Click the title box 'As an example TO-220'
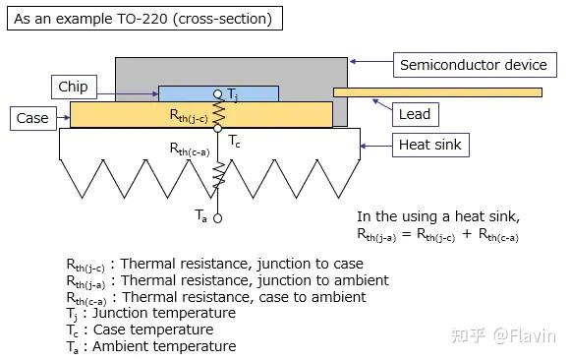click(143, 19)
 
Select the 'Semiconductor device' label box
click(473, 65)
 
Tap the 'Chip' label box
click(73, 87)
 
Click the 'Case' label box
click(32, 118)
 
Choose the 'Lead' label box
click(414, 114)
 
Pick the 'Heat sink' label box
click(428, 146)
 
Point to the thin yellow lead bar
click(437, 92)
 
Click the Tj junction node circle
click(218, 93)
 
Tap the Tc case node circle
click(218, 128)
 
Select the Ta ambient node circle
click(218, 218)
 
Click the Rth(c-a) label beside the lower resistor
click(193, 150)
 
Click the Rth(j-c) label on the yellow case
click(193, 114)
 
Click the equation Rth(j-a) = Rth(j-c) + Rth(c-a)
click(437, 234)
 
